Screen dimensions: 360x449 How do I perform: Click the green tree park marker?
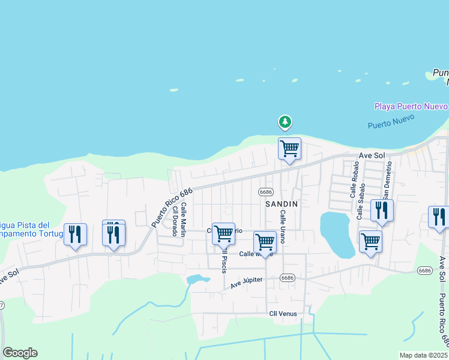click(285, 122)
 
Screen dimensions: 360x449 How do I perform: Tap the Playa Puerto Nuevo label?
click(411, 106)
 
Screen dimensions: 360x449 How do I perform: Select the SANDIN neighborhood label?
click(282, 204)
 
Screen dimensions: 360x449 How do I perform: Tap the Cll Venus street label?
click(283, 314)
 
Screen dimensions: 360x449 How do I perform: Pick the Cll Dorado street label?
click(175, 221)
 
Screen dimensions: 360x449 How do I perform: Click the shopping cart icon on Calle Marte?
click(265, 242)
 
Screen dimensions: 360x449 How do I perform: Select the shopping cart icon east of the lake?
click(370, 241)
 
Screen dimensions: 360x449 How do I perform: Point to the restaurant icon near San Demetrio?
click(382, 210)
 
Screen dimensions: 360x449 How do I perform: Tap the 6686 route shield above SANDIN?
click(266, 192)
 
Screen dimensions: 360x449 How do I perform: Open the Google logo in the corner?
click(20, 353)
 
